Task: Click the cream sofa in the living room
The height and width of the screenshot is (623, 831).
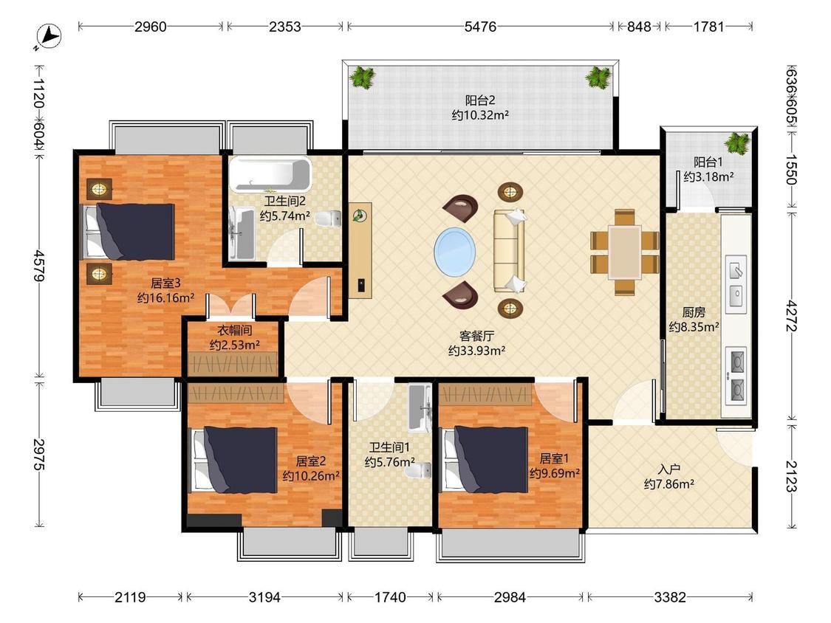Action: pos(510,250)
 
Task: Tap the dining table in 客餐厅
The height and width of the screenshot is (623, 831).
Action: pos(625,252)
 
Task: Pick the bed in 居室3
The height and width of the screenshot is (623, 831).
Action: pos(127,232)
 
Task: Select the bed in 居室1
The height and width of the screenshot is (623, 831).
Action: pos(485,459)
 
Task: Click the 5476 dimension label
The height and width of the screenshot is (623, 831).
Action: pos(480,27)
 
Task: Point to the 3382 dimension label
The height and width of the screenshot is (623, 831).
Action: pos(670,598)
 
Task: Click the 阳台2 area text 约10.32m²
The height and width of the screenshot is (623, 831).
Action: pos(480,115)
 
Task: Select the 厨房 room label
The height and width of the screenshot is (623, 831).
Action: pos(693,312)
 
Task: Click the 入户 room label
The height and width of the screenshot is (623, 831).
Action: pos(668,469)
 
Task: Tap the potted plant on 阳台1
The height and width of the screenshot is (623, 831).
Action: pos(738,143)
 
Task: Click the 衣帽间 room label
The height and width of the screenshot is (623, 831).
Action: pos(234,331)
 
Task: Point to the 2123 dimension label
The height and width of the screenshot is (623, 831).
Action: pos(791,476)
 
